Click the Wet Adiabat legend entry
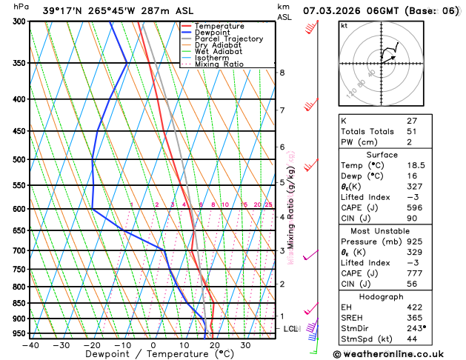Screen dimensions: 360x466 tap(217, 51)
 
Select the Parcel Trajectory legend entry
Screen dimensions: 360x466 tap(228, 39)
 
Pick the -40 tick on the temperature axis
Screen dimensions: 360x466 tap(30, 344)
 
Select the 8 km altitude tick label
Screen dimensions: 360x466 tap(282, 73)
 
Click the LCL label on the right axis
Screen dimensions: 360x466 tap(291, 328)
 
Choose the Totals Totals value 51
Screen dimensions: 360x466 tap(412, 131)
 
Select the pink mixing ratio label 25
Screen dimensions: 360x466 tap(268, 204)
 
